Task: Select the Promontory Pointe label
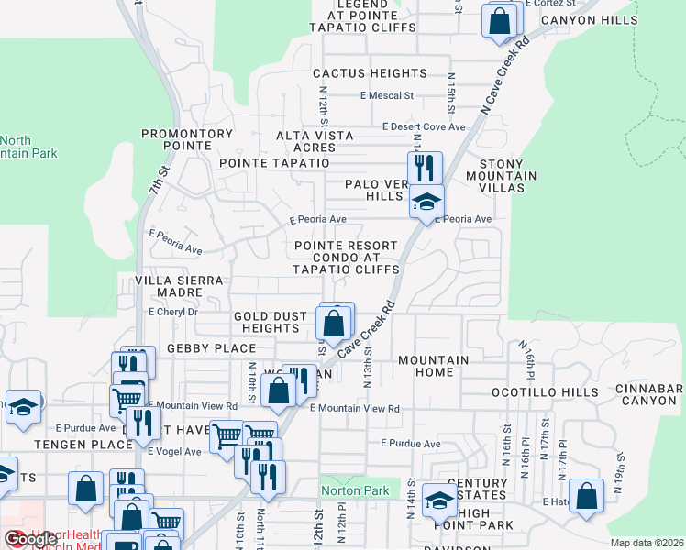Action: coord(187,139)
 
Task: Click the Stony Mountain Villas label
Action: coord(502,175)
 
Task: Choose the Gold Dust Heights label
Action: coord(270,322)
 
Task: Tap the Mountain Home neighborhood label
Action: coord(433,366)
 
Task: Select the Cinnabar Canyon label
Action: coord(650,394)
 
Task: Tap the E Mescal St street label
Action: coord(387,95)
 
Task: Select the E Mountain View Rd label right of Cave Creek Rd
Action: coord(355,409)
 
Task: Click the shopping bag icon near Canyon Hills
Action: coord(500,21)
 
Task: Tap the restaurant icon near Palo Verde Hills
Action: coord(425,168)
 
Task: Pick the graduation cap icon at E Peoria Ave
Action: coord(426,202)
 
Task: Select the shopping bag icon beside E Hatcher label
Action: coord(586,496)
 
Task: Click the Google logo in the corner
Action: coord(17,540)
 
